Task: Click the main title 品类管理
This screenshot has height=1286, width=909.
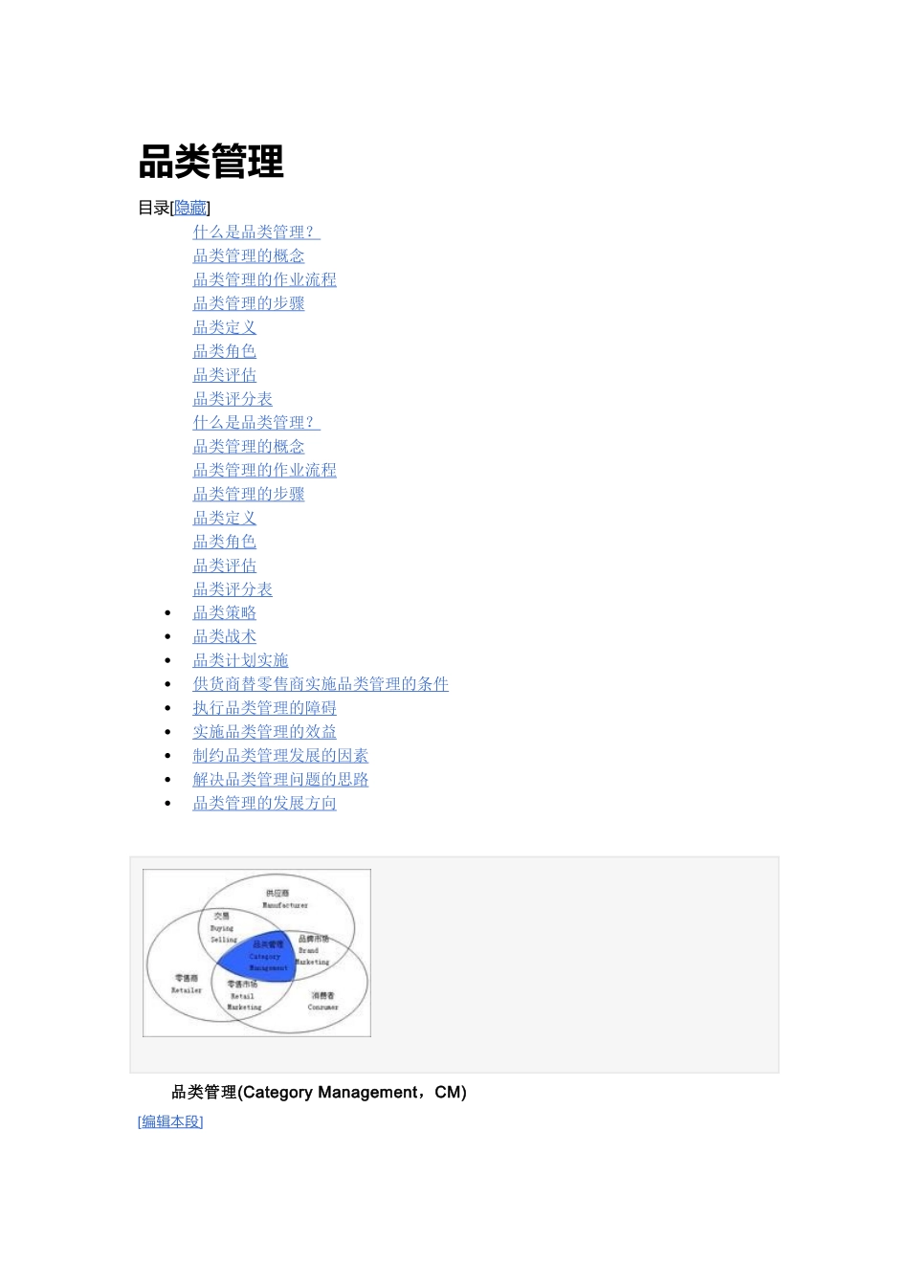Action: click(x=211, y=161)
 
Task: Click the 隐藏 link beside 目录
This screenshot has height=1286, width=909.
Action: click(x=190, y=208)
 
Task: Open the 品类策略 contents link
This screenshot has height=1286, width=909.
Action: click(x=224, y=612)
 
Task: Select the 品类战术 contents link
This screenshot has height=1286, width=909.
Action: click(x=224, y=636)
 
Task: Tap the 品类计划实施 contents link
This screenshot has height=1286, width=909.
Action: click(x=240, y=660)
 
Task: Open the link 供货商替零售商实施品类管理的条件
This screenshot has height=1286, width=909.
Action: click(x=321, y=684)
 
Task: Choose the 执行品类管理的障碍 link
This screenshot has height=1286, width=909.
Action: click(x=264, y=708)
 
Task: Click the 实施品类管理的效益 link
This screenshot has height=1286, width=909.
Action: click(x=264, y=732)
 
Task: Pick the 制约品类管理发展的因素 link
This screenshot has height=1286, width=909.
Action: click(x=280, y=756)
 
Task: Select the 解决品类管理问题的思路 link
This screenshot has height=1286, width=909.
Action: click(x=280, y=780)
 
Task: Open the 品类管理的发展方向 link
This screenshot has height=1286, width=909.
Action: click(x=264, y=804)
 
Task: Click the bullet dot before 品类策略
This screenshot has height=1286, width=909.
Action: click(x=168, y=613)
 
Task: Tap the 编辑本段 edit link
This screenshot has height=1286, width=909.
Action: click(x=170, y=1121)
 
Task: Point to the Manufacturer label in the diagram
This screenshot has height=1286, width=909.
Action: click(x=285, y=905)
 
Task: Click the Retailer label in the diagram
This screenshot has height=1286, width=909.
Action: click(x=187, y=990)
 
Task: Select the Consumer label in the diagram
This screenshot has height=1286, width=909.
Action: click(x=322, y=1008)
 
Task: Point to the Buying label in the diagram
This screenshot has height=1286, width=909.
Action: click(x=222, y=928)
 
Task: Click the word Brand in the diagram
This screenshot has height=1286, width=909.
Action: click(x=308, y=950)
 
